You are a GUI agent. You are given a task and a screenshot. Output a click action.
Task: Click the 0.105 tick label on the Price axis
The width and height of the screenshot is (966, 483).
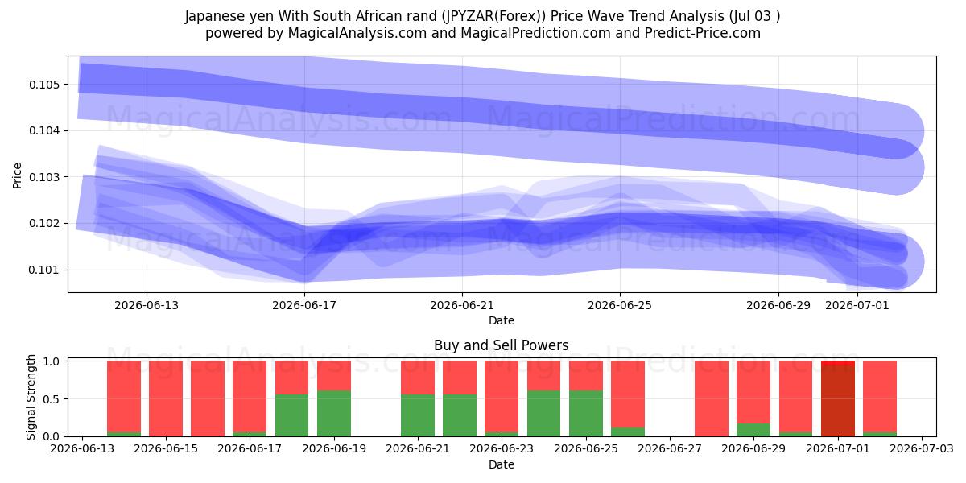[x=44, y=85]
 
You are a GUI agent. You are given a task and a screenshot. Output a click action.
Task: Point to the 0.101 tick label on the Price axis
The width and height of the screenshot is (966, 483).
[x=44, y=270]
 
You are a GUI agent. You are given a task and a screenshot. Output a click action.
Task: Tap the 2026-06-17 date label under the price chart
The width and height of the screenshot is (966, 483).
[x=304, y=305]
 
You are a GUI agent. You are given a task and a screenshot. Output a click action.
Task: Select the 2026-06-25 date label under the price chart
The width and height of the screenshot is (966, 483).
[x=620, y=305]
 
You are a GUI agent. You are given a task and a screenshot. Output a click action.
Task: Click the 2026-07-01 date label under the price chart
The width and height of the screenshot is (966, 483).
[x=857, y=305]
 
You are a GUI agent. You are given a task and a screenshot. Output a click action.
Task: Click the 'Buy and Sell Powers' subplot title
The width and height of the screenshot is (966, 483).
[x=501, y=345]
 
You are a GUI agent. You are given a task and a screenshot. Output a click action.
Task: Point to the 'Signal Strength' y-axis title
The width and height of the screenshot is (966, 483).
[x=31, y=397]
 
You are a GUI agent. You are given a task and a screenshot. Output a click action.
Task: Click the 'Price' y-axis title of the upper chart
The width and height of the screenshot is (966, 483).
[x=17, y=175]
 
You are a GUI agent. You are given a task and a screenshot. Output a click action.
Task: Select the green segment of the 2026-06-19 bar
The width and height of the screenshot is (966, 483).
[x=334, y=414]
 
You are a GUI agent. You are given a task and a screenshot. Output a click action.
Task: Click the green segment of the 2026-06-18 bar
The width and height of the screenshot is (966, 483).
[x=292, y=415]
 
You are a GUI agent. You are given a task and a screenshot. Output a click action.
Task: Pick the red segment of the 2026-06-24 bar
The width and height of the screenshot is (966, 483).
[x=544, y=376]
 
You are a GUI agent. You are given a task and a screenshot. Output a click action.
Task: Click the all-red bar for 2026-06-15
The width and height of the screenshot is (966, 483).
[x=166, y=398]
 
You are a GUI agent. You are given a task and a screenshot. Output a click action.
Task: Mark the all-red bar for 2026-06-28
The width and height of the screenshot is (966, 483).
[x=712, y=398]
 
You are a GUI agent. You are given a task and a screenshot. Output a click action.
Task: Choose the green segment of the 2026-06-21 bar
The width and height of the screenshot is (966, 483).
[x=418, y=415]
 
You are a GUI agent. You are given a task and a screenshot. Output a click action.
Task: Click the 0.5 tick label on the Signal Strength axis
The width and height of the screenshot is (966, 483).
[x=51, y=399]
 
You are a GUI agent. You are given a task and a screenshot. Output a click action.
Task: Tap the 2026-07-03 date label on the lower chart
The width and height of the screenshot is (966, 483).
[x=922, y=449]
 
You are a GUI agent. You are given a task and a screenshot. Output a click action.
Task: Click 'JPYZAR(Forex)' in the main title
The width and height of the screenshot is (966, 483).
[x=493, y=16]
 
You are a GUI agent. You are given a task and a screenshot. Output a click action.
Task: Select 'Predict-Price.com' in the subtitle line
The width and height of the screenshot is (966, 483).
[x=703, y=33]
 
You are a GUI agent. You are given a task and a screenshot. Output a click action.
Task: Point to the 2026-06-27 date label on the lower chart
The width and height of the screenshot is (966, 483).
[x=670, y=449]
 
